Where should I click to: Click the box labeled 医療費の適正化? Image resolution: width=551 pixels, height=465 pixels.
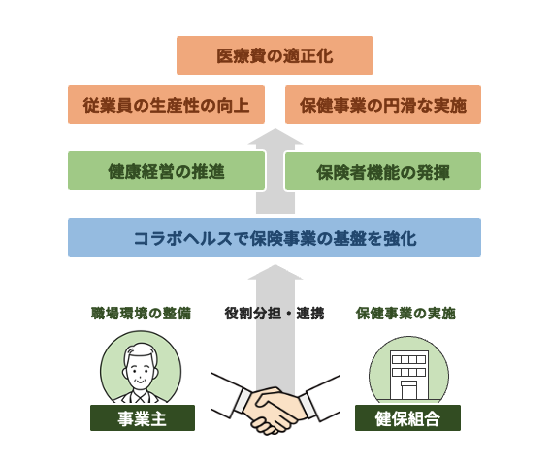pyautogui.click(x=275, y=55)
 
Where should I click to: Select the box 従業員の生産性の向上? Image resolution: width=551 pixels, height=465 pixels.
pyautogui.click(x=166, y=105)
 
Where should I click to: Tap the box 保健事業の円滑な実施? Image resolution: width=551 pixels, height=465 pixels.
pyautogui.click(x=383, y=105)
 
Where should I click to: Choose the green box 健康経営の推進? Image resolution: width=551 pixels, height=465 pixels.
pyautogui.click(x=166, y=171)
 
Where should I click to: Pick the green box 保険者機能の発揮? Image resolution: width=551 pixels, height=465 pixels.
pyautogui.click(x=383, y=171)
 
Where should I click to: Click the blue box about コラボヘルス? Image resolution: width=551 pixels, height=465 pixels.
pyautogui.click(x=275, y=238)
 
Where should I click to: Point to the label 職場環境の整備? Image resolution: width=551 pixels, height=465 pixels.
pyautogui.click(x=142, y=313)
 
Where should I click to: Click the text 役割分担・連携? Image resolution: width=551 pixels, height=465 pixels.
pyautogui.click(x=275, y=313)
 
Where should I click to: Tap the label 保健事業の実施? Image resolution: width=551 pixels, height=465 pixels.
pyautogui.click(x=405, y=313)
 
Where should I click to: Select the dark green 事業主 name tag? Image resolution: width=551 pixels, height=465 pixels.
pyautogui.click(x=143, y=417)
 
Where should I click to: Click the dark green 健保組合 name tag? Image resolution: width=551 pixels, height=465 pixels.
pyautogui.click(x=407, y=417)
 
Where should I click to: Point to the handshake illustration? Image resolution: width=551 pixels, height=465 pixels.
pyautogui.click(x=275, y=405)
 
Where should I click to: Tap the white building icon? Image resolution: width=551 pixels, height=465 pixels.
pyautogui.click(x=409, y=375)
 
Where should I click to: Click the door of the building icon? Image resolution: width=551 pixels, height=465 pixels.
pyautogui.click(x=409, y=390)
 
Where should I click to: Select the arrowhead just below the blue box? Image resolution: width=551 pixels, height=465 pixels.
pyautogui.click(x=275, y=272)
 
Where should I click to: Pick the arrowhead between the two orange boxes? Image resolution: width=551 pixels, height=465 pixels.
pyautogui.click(x=275, y=137)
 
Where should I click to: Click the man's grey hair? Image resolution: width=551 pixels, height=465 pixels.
pyautogui.click(x=141, y=351)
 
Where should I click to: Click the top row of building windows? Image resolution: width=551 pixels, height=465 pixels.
pyautogui.click(x=409, y=359)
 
